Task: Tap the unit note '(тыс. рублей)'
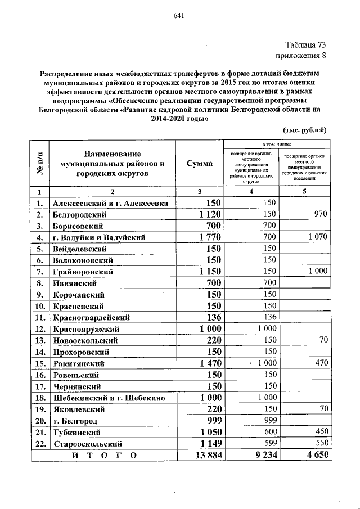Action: point(304,130)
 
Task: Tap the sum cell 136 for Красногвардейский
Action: point(211,317)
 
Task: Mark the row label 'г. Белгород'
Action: point(74,421)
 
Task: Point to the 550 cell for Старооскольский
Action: point(319,443)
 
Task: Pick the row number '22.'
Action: point(39,444)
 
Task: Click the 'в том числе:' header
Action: point(277,145)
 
